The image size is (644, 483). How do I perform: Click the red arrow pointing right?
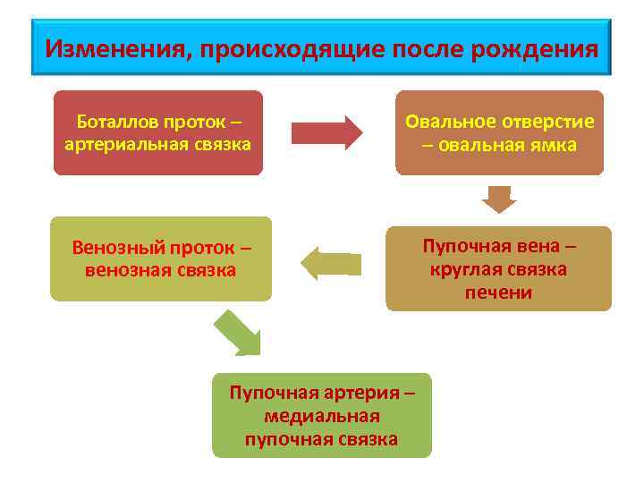coord(326,132)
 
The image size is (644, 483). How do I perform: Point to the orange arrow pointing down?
coord(499,199)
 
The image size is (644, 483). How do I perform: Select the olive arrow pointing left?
coord(331,263)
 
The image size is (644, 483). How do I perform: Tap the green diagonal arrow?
coord(238,332)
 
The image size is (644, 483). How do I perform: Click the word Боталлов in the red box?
coord(114,122)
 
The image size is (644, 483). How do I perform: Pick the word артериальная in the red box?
coord(115,144)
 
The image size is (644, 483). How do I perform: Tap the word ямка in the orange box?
coord(555,145)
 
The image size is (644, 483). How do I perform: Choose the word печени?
coord(498,292)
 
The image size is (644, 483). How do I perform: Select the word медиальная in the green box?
coord(322,416)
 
